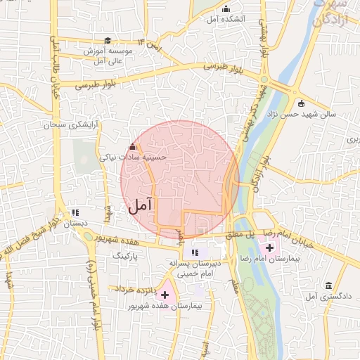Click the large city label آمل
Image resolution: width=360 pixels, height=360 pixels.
pyautogui.click(x=141, y=206)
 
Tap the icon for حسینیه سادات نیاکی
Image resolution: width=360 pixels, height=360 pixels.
pyautogui.click(x=132, y=146)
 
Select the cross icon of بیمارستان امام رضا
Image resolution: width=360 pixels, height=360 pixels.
pyautogui.click(x=270, y=247)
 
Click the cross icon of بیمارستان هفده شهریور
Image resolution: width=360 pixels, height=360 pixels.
pyautogui.click(x=165, y=295)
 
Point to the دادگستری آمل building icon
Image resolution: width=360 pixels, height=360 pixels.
pyautogui.click(x=329, y=285)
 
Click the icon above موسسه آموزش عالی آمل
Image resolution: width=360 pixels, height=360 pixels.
pyautogui.click(x=108, y=40)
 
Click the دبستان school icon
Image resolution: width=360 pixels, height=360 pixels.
pyautogui.click(x=75, y=212)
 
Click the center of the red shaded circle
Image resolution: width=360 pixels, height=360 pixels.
pyautogui.click(x=179, y=180)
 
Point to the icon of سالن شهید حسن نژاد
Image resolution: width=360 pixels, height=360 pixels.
pyautogui.click(x=301, y=103)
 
